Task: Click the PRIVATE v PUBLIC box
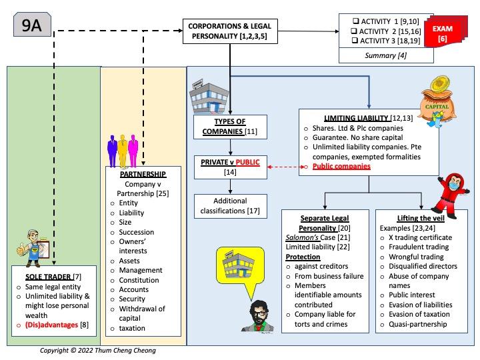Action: coord(231,166)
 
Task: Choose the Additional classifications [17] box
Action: coord(231,205)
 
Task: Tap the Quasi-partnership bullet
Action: coord(419,325)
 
